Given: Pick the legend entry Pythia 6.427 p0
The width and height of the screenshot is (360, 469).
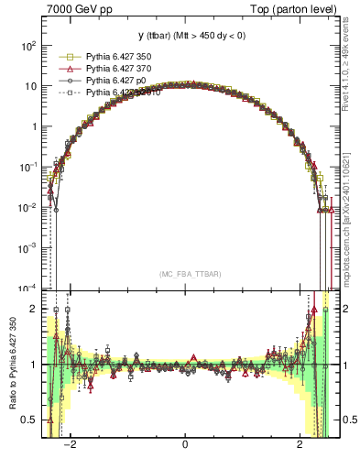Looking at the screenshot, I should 113,81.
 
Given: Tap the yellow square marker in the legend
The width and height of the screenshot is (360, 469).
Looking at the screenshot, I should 67,57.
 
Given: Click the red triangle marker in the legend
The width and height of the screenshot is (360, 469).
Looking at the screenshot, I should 67,69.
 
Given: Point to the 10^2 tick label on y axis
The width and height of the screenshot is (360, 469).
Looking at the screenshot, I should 28,46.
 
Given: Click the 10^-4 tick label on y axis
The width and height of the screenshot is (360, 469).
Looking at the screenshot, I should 27,288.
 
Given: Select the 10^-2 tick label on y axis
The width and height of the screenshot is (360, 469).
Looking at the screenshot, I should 27,207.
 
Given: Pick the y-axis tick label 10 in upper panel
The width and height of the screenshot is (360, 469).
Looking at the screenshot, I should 30,86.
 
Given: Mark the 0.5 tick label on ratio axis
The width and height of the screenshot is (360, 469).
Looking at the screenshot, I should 30,420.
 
